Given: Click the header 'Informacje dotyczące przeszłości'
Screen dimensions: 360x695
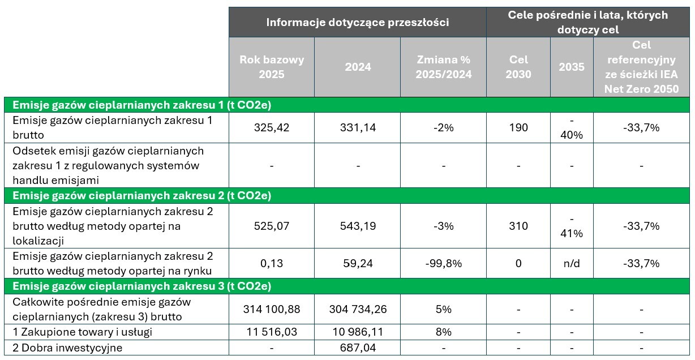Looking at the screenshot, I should pyautogui.click(x=357, y=23).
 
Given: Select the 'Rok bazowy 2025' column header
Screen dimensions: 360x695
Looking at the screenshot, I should pyautogui.click(x=272, y=67).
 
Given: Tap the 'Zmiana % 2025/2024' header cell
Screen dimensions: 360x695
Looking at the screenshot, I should pyautogui.click(x=443, y=67).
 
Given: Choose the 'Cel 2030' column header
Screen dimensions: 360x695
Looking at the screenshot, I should pyautogui.click(x=518, y=67).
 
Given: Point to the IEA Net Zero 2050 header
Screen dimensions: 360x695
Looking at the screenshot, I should pyautogui.click(x=641, y=67).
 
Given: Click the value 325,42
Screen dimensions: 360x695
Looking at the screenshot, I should pyautogui.click(x=272, y=127).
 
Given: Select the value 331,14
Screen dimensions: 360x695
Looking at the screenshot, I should pyautogui.click(x=358, y=127).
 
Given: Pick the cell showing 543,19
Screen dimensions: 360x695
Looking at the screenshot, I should pyautogui.click(x=358, y=226).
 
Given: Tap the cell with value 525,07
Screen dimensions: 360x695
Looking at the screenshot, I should pyautogui.click(x=272, y=226).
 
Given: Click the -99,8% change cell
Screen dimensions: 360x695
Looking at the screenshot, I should pyautogui.click(x=443, y=263).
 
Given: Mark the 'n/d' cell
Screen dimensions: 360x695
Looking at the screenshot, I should pyautogui.click(x=572, y=263).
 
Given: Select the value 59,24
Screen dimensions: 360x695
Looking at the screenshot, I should pyautogui.click(x=358, y=263).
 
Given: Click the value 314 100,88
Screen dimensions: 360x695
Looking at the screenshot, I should pyautogui.click(x=272, y=310).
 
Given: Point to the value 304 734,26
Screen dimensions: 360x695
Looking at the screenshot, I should pyautogui.click(x=358, y=310).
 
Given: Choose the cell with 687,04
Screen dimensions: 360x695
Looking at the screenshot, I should pyautogui.click(x=358, y=348).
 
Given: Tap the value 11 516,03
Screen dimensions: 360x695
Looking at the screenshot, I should pyautogui.click(x=272, y=332).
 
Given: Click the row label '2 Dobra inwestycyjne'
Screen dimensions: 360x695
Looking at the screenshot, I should pyautogui.click(x=67, y=348).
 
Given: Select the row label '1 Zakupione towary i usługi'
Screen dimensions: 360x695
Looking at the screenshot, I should pyautogui.click(x=82, y=332).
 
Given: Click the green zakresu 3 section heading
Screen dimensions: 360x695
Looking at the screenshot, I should pyautogui.click(x=141, y=285).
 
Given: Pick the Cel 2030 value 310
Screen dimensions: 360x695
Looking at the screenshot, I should pyautogui.click(x=518, y=226).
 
